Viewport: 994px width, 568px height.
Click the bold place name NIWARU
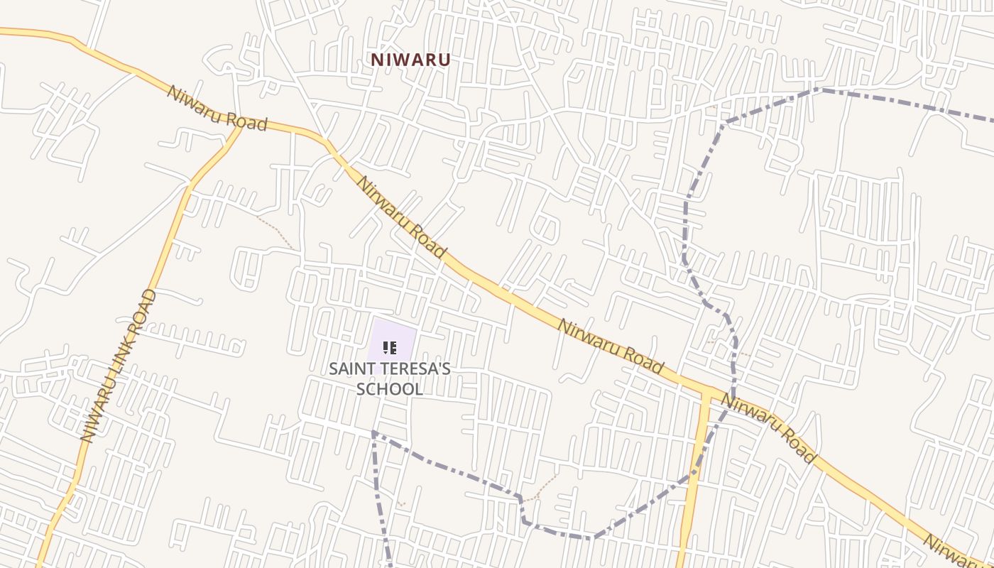tap(410, 60)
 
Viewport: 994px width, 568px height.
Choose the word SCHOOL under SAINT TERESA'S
tap(390, 389)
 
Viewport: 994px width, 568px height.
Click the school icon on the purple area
tap(390, 348)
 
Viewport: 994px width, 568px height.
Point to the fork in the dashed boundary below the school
tap(373, 432)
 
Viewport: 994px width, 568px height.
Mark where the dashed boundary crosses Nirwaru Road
tap(732, 397)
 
